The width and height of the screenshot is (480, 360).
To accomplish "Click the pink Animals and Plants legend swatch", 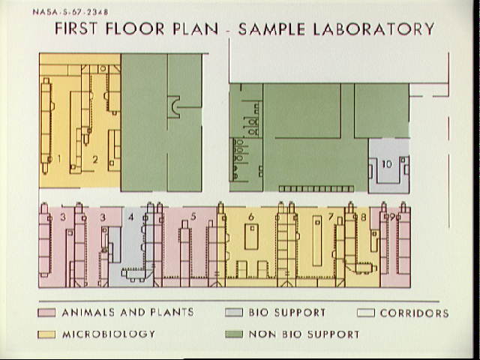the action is click(46, 313).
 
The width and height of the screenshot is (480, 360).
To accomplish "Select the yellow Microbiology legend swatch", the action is click(46, 334).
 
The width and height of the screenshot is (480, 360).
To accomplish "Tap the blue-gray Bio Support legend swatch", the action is click(234, 312).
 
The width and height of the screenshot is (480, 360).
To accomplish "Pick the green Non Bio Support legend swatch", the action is click(234, 334).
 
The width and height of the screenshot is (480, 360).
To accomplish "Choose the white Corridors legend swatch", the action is click(366, 313).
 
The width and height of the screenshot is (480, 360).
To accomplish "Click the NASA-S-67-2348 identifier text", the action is click(70, 12).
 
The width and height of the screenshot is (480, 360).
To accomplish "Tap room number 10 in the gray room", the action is click(387, 164).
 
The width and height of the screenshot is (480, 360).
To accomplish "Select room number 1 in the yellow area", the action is click(59, 158).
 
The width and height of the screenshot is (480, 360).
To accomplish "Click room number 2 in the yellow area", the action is click(95, 160).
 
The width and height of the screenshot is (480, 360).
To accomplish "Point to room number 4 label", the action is click(131, 217).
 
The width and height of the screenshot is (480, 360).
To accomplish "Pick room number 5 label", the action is click(193, 217).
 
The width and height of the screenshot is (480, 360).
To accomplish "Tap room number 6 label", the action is click(251, 217).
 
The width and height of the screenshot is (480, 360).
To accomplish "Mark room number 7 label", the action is click(331, 217).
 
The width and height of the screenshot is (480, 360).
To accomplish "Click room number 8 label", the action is click(363, 217).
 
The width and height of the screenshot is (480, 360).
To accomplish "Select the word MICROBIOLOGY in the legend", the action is click(109, 334).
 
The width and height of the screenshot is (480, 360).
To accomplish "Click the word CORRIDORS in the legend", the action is click(415, 313).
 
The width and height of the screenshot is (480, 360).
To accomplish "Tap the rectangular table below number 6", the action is click(252, 237).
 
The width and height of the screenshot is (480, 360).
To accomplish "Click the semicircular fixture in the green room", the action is click(175, 107).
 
